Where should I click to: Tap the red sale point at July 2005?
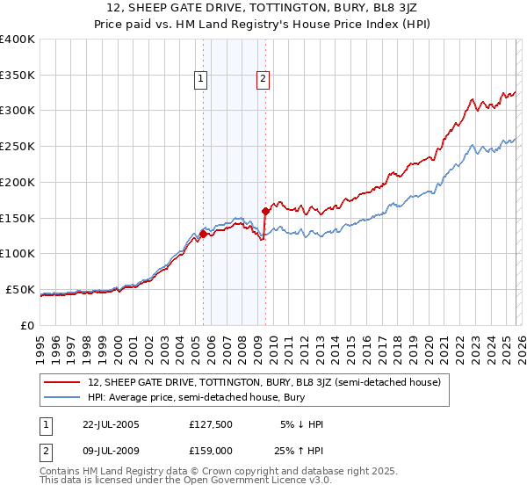[204, 234]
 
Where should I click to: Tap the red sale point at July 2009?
[264, 211]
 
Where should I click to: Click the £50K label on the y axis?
[20, 289]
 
